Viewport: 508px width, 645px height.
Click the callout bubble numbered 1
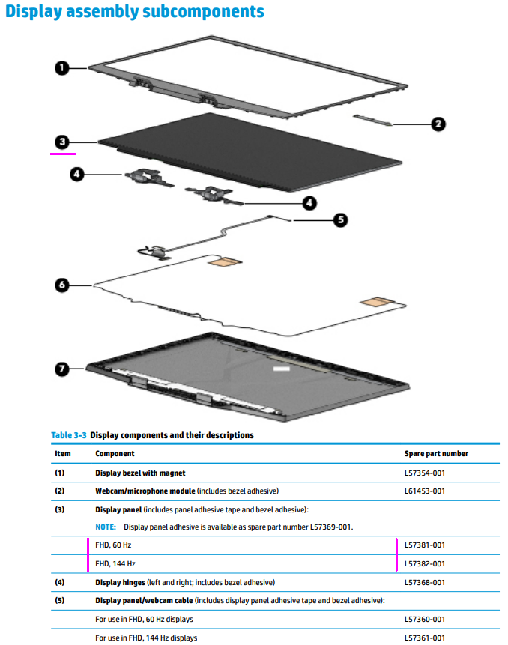tap(62, 68)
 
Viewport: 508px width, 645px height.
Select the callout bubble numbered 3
tap(62, 141)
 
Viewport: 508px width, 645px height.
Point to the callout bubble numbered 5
tap(340, 220)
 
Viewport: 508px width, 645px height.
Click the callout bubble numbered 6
tap(62, 285)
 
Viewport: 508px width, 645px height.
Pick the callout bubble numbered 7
tap(62, 369)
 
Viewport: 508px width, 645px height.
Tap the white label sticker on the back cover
tap(281, 369)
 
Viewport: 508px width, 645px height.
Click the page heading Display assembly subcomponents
tap(135, 12)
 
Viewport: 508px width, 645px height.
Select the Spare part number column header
tap(436, 454)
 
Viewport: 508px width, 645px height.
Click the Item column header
tap(63, 454)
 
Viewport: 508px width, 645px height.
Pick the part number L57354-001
tap(425, 473)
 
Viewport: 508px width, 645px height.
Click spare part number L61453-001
tap(425, 491)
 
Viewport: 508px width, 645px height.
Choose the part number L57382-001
tap(425, 563)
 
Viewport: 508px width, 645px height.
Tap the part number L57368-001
tap(425, 582)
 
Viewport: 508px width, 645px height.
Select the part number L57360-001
tap(425, 619)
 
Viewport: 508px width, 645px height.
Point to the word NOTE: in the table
tap(106, 527)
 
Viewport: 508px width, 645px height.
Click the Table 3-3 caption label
tap(68, 435)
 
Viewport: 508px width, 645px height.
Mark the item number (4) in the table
tap(60, 582)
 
